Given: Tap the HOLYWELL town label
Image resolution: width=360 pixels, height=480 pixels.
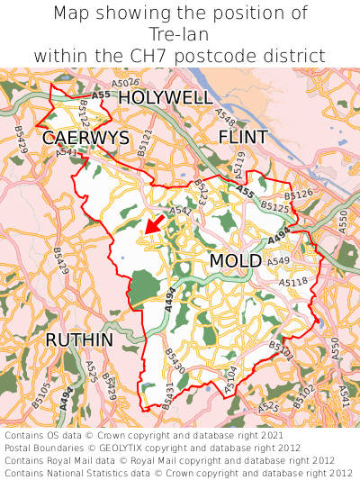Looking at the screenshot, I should pos(166,97).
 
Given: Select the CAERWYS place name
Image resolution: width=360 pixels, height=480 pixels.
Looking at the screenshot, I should pos(85,138).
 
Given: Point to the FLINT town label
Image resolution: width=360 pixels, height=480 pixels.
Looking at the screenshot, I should pos(243,137).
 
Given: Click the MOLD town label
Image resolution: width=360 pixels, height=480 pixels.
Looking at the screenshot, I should pos(235,260).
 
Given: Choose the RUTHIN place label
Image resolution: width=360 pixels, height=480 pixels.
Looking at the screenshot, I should pos(79,340).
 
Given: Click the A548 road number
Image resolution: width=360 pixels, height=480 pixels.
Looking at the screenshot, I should pos(226,115).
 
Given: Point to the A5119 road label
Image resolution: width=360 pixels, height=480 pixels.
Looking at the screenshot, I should pos(238,165).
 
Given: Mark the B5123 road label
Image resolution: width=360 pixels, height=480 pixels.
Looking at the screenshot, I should pos(200,192).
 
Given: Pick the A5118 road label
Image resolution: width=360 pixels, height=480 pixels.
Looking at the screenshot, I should pos(292,282).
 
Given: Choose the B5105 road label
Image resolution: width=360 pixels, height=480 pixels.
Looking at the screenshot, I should pos(41,392).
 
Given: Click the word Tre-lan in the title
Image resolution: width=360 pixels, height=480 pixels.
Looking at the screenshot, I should pos(180,34).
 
